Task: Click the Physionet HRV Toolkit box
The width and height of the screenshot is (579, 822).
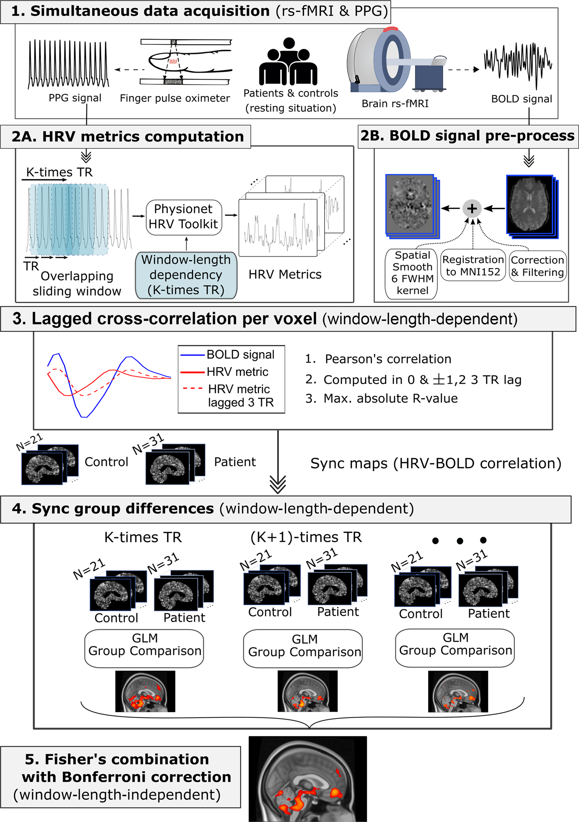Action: (184, 217)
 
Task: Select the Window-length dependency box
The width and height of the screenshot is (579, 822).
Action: (186, 275)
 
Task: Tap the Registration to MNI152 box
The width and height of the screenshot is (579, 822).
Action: (473, 266)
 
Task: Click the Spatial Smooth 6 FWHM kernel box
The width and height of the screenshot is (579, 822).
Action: (412, 273)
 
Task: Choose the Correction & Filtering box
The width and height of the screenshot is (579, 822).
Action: (537, 266)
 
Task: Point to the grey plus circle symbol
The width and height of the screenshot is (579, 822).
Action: (472, 209)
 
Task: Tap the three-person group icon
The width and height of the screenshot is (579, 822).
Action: (288, 62)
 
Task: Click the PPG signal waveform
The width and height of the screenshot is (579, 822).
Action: (68, 64)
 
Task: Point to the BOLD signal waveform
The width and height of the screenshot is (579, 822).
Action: (518, 63)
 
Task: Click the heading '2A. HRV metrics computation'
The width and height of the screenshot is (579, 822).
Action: (128, 137)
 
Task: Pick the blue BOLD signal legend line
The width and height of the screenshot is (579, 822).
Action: (192, 355)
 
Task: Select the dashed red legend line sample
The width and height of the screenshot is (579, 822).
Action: (193, 388)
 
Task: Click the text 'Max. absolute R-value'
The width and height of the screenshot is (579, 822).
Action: (390, 398)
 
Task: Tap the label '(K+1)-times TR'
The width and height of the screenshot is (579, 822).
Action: (306, 537)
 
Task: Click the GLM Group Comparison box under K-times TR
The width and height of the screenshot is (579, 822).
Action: (144, 648)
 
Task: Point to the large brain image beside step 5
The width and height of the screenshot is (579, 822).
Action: (308, 778)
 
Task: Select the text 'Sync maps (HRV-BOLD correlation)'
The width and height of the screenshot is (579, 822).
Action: (436, 463)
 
